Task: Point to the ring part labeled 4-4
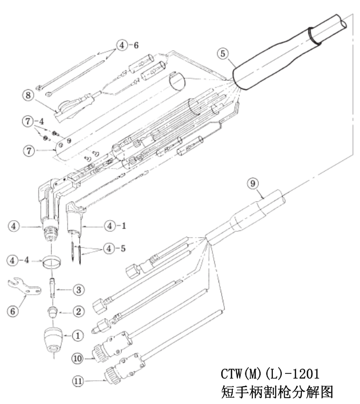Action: click(51, 261)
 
